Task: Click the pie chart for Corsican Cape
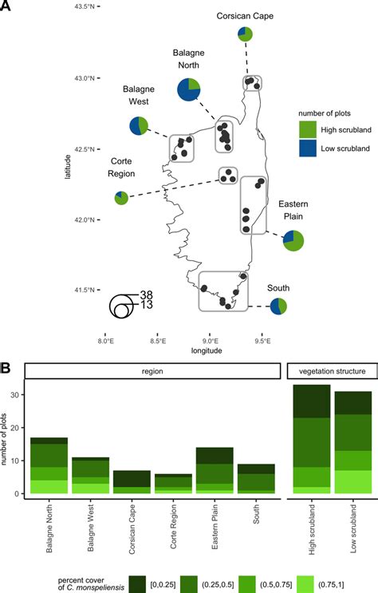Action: (245, 34)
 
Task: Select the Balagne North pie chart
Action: (188, 89)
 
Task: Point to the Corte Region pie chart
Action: (121, 197)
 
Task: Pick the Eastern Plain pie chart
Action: (293, 239)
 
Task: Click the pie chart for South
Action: (278, 306)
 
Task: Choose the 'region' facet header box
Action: (152, 371)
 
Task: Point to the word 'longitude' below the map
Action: (206, 350)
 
